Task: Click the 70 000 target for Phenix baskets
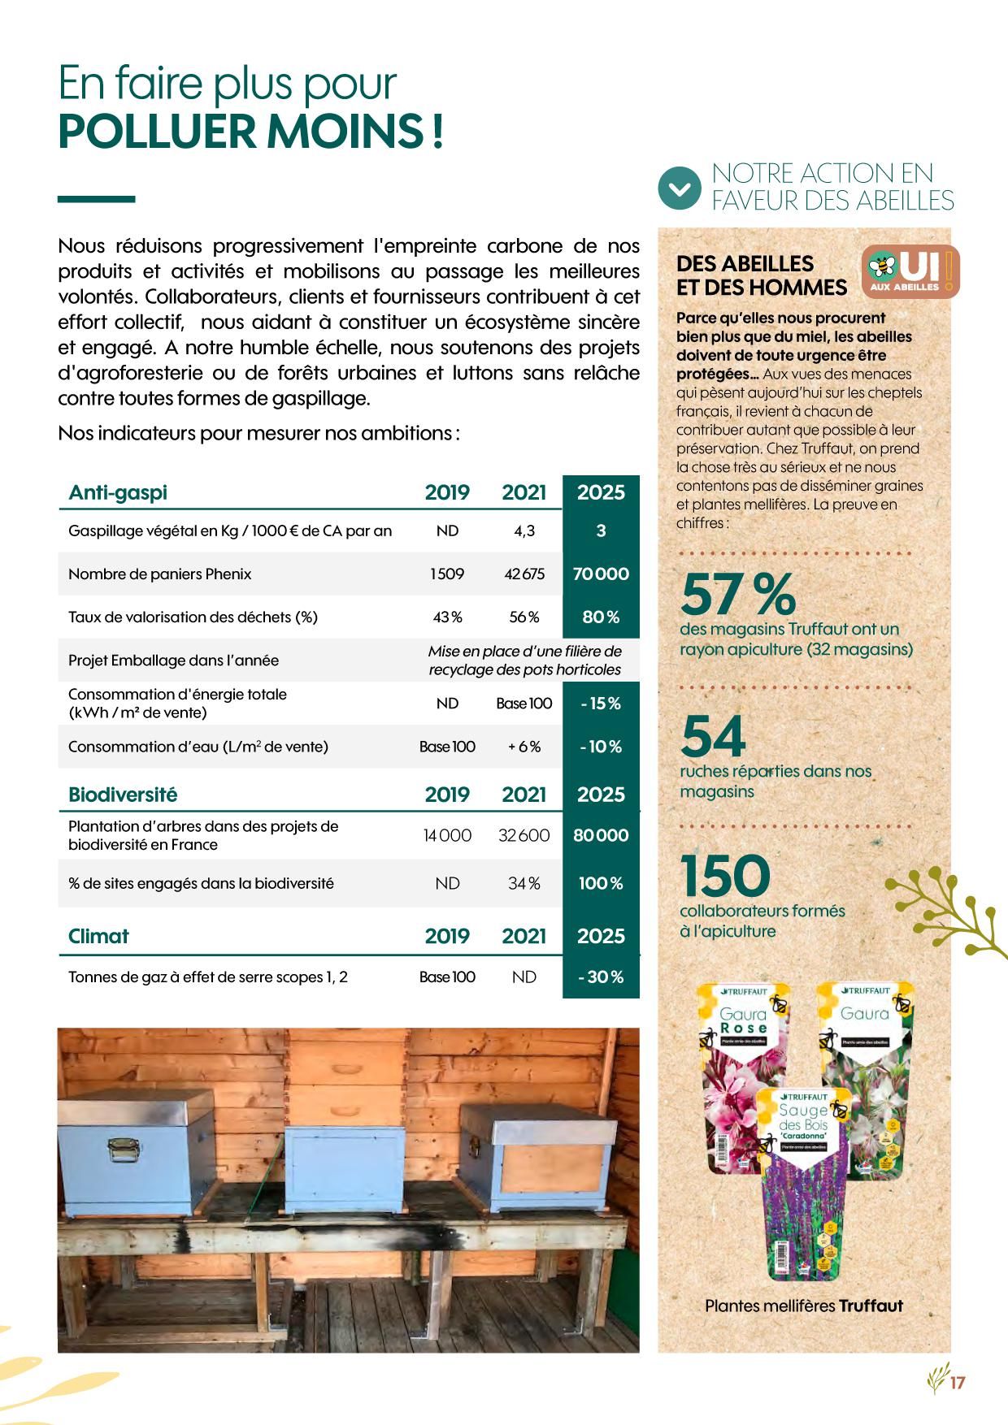[x=601, y=574]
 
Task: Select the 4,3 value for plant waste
[x=524, y=531]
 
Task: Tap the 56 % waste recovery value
[x=524, y=617]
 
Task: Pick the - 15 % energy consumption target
[x=601, y=704]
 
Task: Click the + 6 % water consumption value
[x=524, y=747]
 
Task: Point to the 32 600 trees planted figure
[x=524, y=835]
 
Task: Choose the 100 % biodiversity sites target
[x=601, y=883]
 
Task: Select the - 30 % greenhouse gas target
[x=601, y=977]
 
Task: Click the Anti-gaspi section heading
[x=118, y=492]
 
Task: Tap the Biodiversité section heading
[x=123, y=795]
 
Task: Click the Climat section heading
[x=98, y=936]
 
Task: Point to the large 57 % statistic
[x=737, y=594]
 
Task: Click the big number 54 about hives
[x=713, y=736]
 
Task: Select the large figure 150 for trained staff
[x=725, y=876]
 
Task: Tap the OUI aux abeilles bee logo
[x=910, y=270]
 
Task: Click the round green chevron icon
[x=679, y=188]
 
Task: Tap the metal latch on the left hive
[x=123, y=1147]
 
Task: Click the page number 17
[x=957, y=1382]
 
